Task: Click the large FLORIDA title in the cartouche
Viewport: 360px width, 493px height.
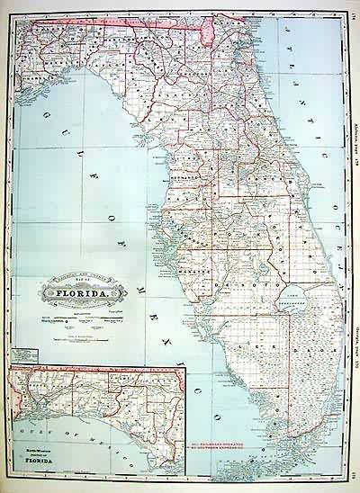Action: coord(80,294)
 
